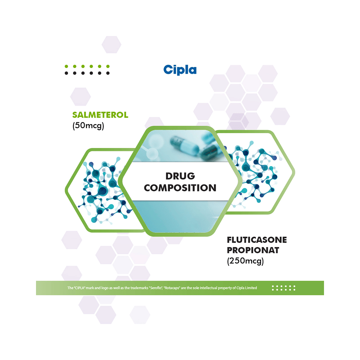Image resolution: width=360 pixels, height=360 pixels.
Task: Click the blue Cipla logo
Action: [x=180, y=69]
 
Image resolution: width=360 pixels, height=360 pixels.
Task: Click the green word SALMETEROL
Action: [x=100, y=115]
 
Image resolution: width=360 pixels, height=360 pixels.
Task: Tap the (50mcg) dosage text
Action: [x=88, y=126]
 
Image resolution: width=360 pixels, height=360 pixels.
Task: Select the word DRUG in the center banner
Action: [x=180, y=176]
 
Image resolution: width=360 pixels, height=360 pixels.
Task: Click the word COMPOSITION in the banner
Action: [x=180, y=188]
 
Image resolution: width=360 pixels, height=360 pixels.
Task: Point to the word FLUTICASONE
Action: [x=257, y=240]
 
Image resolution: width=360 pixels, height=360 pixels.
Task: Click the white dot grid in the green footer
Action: [x=283, y=288]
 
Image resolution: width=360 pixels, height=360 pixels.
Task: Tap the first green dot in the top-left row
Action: [x=66, y=67]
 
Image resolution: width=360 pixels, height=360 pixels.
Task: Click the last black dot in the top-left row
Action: [x=108, y=73]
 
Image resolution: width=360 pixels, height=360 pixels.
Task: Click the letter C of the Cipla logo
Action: [x=168, y=69]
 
